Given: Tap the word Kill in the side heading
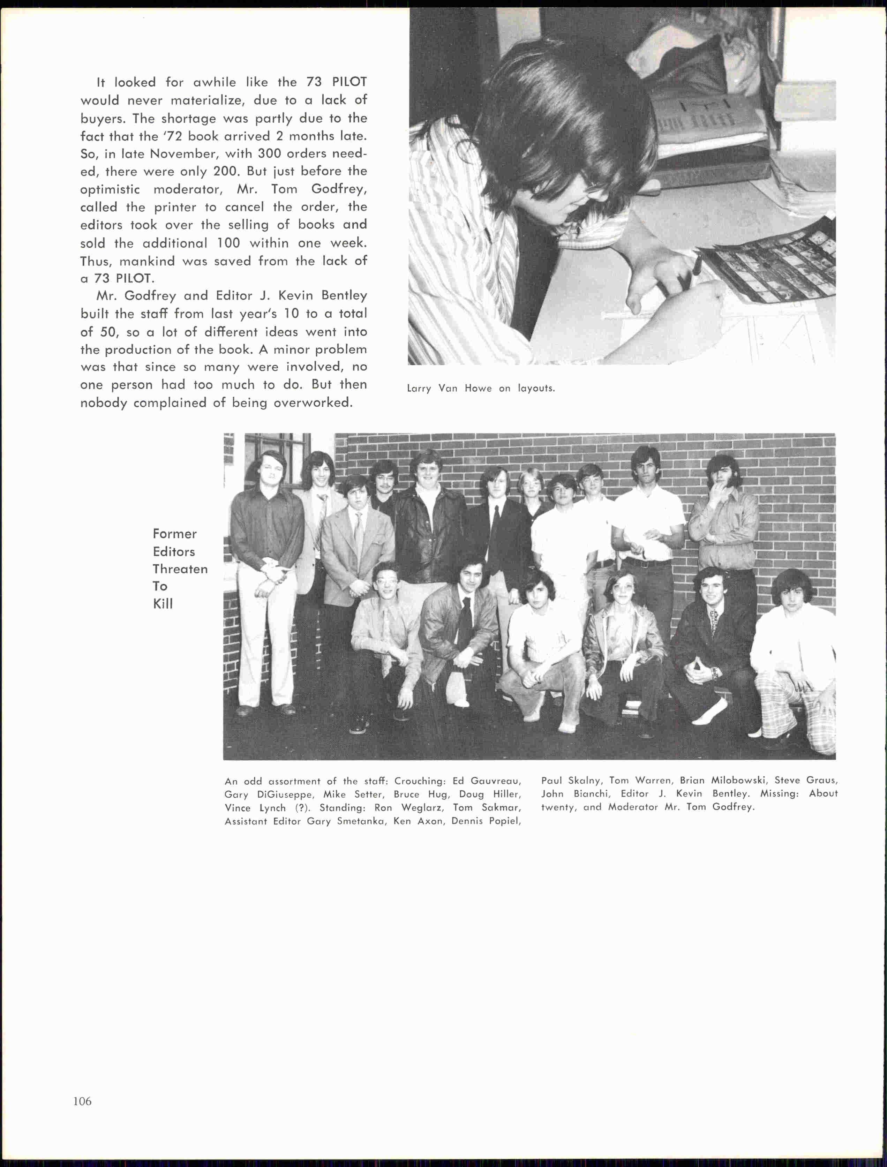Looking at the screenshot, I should tap(163, 604).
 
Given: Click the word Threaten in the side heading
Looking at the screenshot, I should tap(180, 569).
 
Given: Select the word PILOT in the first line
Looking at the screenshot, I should tap(349, 82).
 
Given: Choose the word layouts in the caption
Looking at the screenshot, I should tap(536, 389).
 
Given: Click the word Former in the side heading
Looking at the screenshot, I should tap(174, 534).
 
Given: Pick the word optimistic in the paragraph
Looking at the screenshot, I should tap(110, 189).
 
